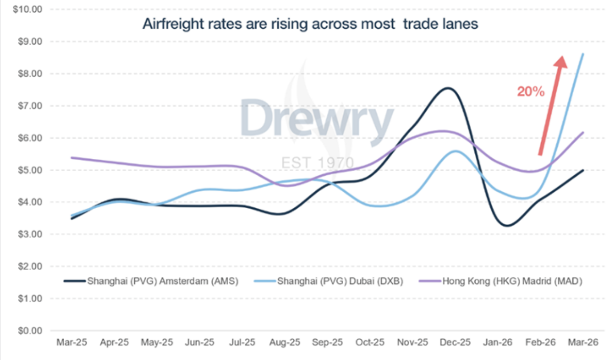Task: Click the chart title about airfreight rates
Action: (310, 24)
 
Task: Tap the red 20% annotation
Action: (530, 91)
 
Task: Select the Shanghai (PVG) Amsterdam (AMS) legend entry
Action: (151, 281)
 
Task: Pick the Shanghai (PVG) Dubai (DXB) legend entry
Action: (329, 281)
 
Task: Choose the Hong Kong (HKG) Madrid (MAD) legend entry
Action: (501, 281)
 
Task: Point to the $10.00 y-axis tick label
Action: (28, 9)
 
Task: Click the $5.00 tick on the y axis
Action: (30, 170)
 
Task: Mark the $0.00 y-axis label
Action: (30, 331)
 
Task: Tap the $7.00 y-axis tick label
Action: (30, 106)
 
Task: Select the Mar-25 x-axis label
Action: (72, 342)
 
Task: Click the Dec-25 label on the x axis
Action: (455, 342)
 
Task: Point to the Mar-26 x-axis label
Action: (583, 342)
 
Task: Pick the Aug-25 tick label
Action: (285, 342)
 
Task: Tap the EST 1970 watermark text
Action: (318, 163)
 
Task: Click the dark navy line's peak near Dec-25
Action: (447, 88)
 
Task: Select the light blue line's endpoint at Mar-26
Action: (583, 54)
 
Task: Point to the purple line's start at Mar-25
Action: (72, 157)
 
